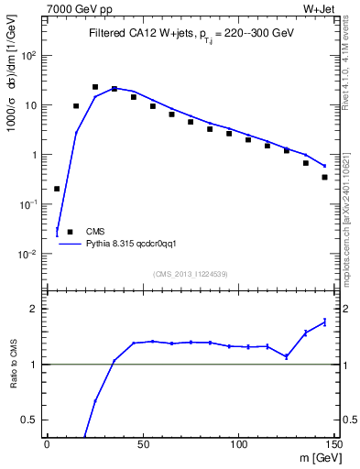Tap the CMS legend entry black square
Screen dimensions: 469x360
[x=70, y=232]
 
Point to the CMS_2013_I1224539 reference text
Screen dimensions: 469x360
[x=191, y=273]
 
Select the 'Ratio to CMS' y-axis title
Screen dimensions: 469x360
[x=14, y=364]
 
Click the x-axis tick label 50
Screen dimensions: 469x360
[x=142, y=445]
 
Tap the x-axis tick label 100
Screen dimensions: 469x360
[x=237, y=445]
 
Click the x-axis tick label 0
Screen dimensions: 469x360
[x=47, y=445]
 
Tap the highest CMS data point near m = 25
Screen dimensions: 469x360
[x=95, y=87]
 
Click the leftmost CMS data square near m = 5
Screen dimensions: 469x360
[x=57, y=189]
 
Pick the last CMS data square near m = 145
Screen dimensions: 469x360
[x=325, y=177]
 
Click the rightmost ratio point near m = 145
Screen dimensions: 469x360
[x=325, y=322]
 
